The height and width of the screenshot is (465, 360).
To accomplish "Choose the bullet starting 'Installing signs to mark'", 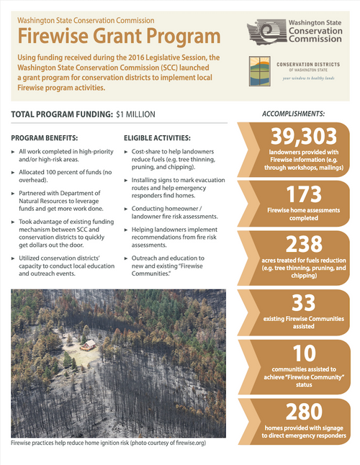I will click(x=177, y=194).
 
